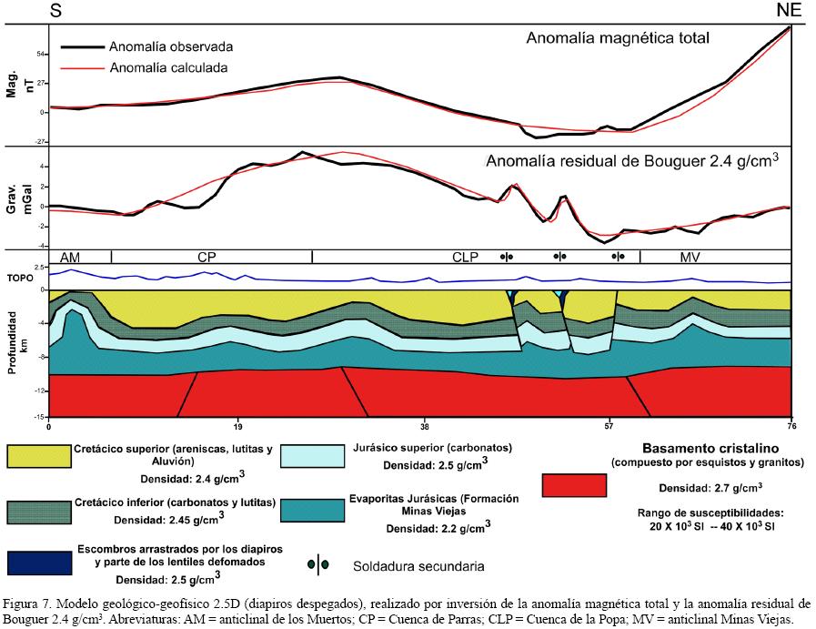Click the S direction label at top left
[55, 11]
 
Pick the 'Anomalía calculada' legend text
[168, 67]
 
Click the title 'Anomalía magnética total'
[618, 38]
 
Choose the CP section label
[207, 258]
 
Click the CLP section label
[465, 258]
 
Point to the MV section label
[691, 258]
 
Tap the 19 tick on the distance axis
[237, 425]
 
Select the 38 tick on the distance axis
[424, 425]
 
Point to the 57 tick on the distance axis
[609, 425]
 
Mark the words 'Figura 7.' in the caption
[28, 604]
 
